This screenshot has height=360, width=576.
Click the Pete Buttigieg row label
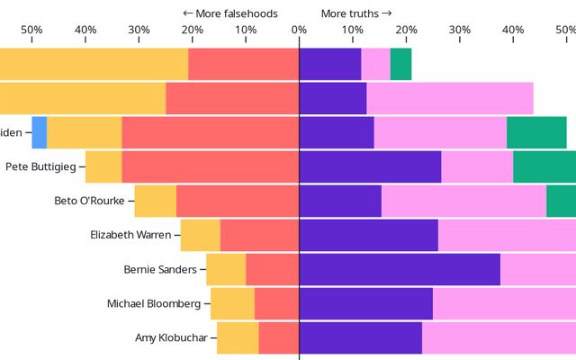click(41, 166)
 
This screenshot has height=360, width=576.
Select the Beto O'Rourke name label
click(89, 201)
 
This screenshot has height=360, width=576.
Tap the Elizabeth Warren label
click(130, 235)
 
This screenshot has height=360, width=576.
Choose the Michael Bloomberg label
click(154, 303)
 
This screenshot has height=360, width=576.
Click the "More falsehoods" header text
click(230, 13)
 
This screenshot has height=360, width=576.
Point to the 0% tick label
click(299, 30)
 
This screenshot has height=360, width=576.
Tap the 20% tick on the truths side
click(406, 30)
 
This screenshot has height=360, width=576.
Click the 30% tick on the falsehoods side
click(139, 30)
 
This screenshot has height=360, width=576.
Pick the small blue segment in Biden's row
click(39, 132)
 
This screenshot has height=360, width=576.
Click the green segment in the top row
click(400, 63)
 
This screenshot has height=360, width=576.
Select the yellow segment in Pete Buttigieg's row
click(103, 166)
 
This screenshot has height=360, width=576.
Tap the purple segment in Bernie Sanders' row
click(400, 269)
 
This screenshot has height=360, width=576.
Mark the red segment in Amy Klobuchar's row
click(278, 337)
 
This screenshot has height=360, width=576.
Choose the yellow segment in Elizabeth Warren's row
click(200, 235)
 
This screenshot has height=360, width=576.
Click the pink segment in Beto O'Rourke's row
click(463, 201)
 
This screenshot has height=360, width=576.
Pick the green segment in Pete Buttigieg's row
click(544, 166)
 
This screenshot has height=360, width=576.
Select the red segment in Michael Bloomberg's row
click(276, 303)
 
